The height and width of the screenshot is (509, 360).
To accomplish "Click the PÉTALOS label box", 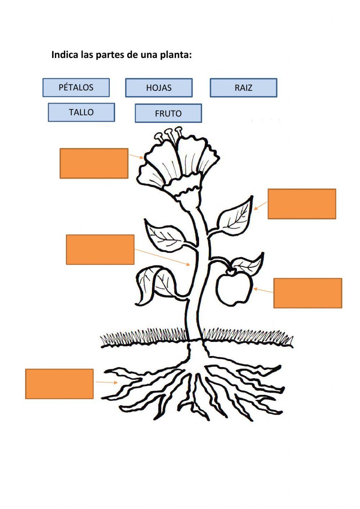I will pos(76,88).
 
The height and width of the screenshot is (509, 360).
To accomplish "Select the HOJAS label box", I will pos(159,88).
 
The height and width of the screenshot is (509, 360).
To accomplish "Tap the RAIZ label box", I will pos(243,88).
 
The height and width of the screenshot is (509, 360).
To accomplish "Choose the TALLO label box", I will pos(81,112).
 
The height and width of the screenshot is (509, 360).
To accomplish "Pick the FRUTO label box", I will pos(168,113).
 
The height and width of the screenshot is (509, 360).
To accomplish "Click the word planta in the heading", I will pos(175,55).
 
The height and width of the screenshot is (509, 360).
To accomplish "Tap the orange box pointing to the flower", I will pos(94,163).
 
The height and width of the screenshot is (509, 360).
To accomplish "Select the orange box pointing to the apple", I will pos(307,293).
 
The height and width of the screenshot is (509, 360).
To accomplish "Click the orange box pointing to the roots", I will pos(59,384).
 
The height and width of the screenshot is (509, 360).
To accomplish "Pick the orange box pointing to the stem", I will pos(100,250).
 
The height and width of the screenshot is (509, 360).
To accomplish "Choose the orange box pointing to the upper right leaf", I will pos(302,204).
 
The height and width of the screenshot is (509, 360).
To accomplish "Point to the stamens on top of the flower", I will pos(168,135).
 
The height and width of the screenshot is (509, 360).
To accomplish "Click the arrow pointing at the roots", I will pos(106,382).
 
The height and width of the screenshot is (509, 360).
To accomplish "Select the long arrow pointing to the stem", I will pos(162,257).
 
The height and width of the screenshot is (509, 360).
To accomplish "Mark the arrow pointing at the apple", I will pos(263,290).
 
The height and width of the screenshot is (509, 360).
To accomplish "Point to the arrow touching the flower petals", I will pos(136,156).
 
